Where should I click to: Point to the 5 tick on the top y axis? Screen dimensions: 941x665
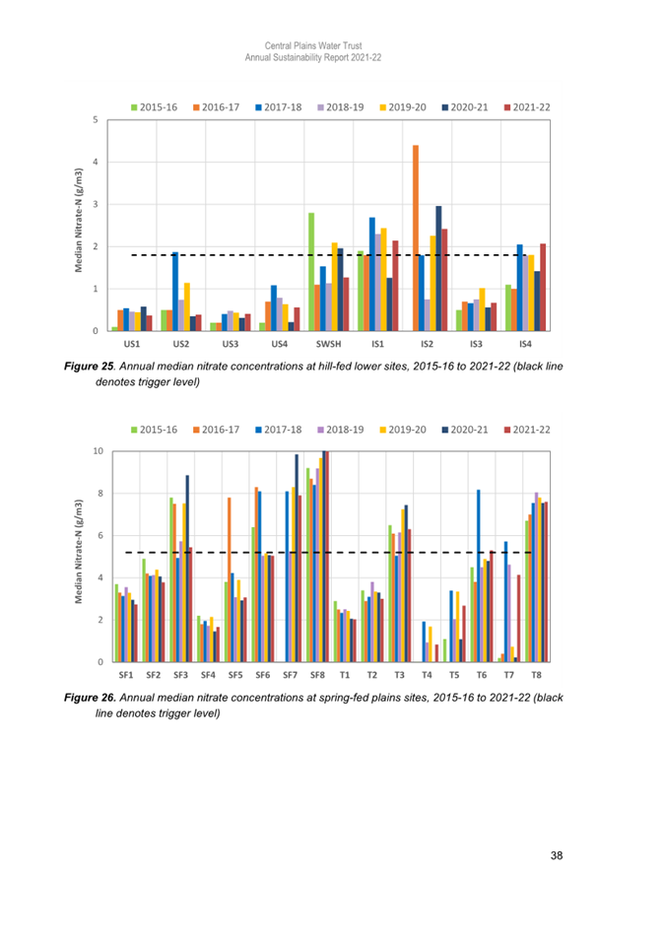96,120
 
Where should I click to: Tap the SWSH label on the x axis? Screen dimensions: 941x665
329,344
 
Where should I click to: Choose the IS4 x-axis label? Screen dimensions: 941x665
526,344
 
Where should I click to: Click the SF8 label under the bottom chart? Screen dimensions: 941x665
317,675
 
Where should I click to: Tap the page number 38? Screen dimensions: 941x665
558,855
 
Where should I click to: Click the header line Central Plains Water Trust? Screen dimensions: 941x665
312,46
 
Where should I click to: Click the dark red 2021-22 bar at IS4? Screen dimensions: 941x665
543,287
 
